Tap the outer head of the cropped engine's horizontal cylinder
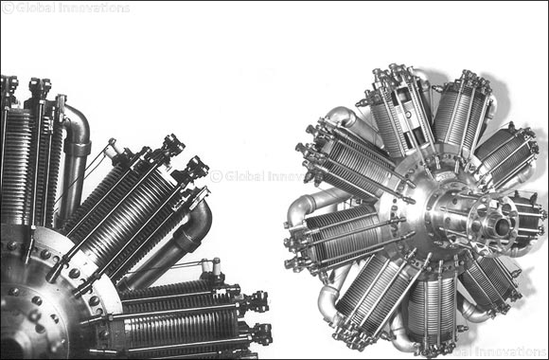[x=256, y=317]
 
